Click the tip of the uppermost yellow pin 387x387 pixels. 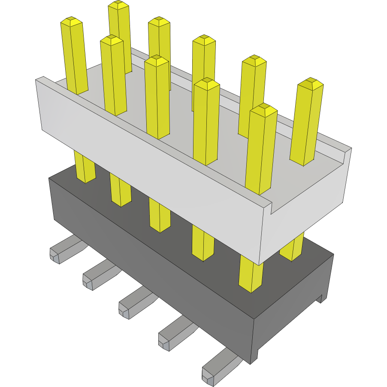[x=119, y=5]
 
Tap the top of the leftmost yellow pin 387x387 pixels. [x=71, y=21]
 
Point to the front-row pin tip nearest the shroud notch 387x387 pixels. [x=263, y=110]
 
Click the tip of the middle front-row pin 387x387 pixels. [x=157, y=60]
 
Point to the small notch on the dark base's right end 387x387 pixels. [x=321, y=299]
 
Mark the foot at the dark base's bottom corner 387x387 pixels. [x=254, y=359]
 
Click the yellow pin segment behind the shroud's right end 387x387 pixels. [x=293, y=249]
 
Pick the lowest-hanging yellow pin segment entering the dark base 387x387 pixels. [x=251, y=275]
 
